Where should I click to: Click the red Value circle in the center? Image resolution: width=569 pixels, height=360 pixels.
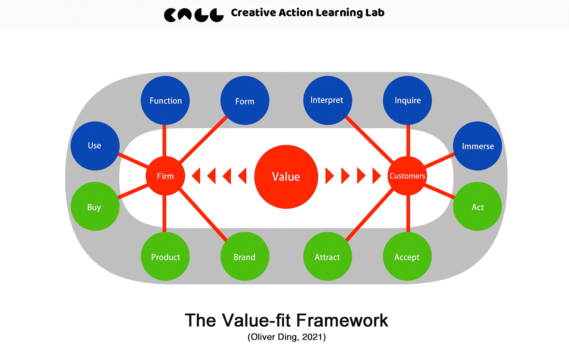pyautogui.click(x=286, y=177)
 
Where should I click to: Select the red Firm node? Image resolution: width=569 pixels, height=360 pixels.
pyautogui.click(x=165, y=176)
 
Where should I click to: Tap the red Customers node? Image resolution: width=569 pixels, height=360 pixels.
pyautogui.click(x=407, y=176)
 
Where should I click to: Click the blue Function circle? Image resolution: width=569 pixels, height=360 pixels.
pyautogui.click(x=165, y=100)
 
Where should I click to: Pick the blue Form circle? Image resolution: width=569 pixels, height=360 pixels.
pyautogui.click(x=245, y=101)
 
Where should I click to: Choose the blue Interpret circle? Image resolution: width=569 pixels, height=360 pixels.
pyautogui.click(x=327, y=100)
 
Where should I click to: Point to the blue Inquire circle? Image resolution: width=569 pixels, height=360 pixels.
pyautogui.click(x=407, y=100)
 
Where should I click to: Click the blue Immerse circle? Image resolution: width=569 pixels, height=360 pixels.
pyautogui.click(x=478, y=146)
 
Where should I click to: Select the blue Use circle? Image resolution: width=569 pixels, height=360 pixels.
pyautogui.click(x=95, y=146)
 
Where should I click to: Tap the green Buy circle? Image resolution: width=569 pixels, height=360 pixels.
pyautogui.click(x=95, y=207)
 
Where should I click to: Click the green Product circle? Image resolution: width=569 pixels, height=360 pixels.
pyautogui.click(x=165, y=257)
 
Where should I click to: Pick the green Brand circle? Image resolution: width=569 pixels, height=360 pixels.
pyautogui.click(x=245, y=257)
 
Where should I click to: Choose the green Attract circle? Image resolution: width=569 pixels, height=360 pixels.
pyautogui.click(x=327, y=257)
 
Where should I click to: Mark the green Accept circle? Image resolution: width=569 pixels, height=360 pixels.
pyautogui.click(x=407, y=257)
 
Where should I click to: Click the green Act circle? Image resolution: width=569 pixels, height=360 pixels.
pyautogui.click(x=478, y=207)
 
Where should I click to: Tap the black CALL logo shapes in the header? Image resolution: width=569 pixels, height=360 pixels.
pyautogui.click(x=193, y=15)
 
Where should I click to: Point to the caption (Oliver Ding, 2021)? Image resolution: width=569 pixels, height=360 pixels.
pyautogui.click(x=287, y=337)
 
